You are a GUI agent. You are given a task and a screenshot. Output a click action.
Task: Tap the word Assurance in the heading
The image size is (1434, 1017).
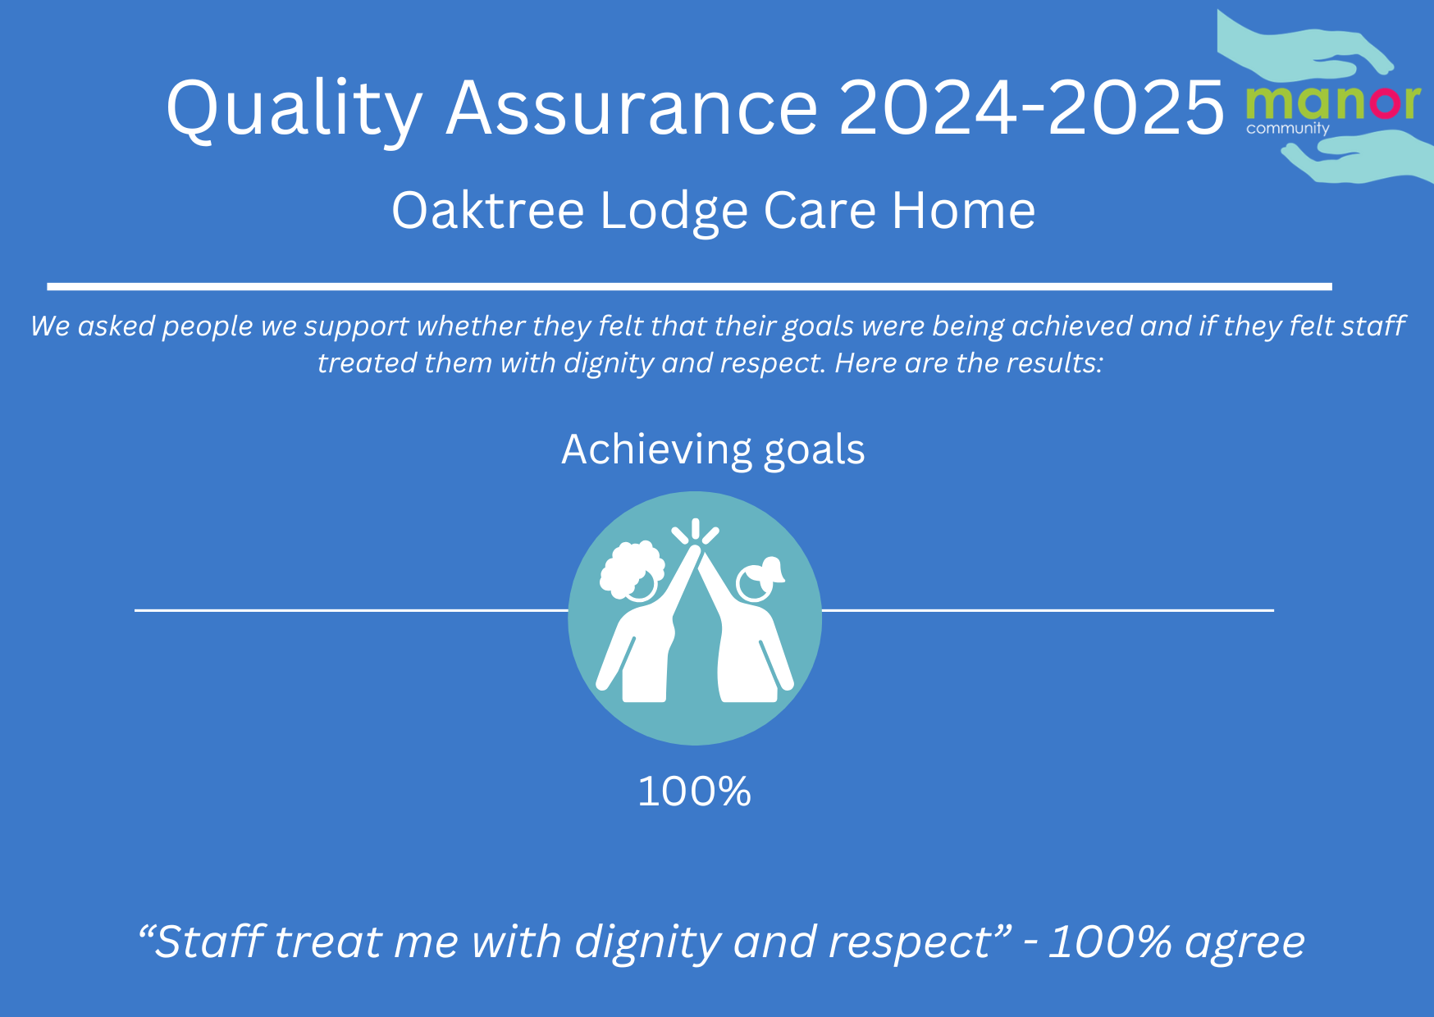632,107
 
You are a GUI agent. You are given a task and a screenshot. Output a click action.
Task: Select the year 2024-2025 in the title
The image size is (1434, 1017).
1031,107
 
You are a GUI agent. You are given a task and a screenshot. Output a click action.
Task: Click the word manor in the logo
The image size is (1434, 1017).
1332,103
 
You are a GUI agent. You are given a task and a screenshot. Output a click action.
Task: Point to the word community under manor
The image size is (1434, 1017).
1287,129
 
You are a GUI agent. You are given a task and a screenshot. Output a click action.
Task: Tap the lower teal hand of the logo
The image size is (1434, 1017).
1358,157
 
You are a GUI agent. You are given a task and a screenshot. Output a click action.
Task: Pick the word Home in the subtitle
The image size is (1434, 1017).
964,211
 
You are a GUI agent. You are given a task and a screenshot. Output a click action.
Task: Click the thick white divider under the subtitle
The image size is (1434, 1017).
689,286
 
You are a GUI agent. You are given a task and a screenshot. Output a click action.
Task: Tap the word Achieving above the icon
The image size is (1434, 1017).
656,450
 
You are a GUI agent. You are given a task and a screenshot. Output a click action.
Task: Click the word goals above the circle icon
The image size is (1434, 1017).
815,451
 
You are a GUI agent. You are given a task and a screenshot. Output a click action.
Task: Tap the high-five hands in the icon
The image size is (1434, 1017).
696,550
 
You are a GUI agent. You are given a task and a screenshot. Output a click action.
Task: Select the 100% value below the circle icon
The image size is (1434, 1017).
694,791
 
